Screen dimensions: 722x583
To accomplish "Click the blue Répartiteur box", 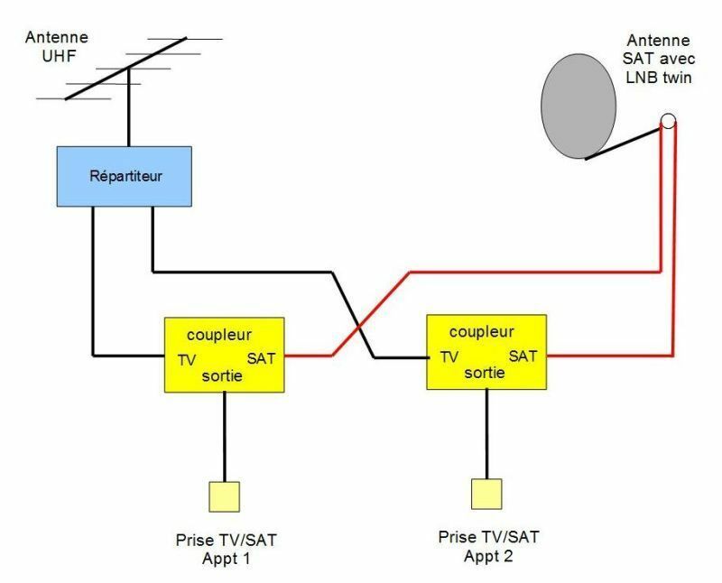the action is (125, 176).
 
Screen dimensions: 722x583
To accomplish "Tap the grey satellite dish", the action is (579, 106).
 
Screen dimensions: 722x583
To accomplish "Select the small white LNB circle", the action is (668, 121).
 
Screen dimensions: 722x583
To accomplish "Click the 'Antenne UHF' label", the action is (57, 47).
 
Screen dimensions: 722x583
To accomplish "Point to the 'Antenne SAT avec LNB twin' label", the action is (659, 59).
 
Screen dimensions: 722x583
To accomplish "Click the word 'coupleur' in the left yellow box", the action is (219, 335).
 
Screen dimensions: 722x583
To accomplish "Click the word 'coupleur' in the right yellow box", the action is (482, 332).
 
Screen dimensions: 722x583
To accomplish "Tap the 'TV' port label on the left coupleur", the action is (187, 360).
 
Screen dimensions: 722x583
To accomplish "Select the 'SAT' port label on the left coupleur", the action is (261, 358).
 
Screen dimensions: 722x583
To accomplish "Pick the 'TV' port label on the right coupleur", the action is (449, 357).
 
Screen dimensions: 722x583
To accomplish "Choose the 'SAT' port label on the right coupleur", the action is (523, 356).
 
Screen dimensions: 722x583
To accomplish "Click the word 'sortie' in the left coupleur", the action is (222, 375).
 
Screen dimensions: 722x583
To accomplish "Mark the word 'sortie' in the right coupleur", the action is (485, 373).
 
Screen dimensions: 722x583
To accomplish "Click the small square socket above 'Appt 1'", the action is (224, 497).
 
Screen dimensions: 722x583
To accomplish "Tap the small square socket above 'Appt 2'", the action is (486, 495).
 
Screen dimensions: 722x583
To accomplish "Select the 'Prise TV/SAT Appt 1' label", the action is (227, 550).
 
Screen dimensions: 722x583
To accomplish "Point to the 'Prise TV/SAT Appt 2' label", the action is (488, 547).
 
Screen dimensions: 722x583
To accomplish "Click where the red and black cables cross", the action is (359, 328).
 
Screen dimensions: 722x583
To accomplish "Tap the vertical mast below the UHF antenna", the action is (129, 107).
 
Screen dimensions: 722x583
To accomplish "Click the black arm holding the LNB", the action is (623, 144).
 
